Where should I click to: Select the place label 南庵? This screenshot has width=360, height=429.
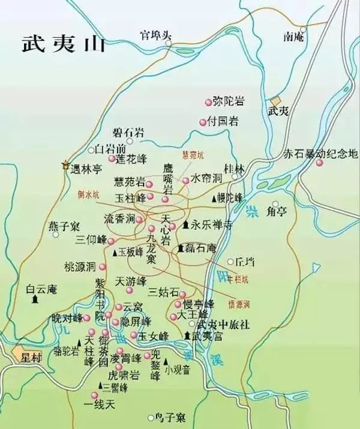point(294,37)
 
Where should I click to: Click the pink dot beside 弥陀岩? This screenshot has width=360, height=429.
point(209,101)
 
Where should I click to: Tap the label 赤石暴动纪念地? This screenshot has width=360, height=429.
point(320,154)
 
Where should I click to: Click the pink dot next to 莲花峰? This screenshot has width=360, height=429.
point(112,159)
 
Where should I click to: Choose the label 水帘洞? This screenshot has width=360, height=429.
point(206,179)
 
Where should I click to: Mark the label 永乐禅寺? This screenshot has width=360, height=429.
point(207,226)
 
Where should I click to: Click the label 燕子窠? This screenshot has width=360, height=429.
point(64,227)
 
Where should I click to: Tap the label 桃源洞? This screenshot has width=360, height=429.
point(80,266)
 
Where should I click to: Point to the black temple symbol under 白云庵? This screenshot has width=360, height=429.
point(37,298)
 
